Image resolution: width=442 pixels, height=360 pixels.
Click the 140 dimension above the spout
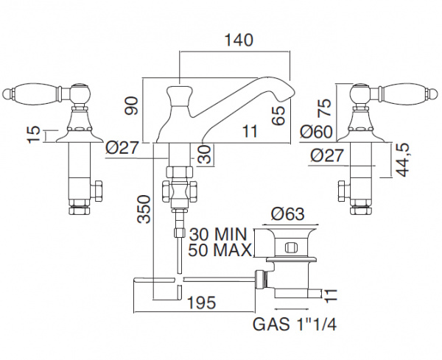tap(239, 40)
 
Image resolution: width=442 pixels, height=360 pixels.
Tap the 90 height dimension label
tap(132, 105)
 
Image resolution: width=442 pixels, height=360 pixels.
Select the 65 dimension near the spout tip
tap(279, 115)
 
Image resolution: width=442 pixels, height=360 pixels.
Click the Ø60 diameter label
tap(316, 132)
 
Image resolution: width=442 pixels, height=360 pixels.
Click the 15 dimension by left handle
tap(35, 135)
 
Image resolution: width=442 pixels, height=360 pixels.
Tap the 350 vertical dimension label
tap(144, 209)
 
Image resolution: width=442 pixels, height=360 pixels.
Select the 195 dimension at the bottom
tap(202, 303)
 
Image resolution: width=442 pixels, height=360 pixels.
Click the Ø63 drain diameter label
tap(288, 214)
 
